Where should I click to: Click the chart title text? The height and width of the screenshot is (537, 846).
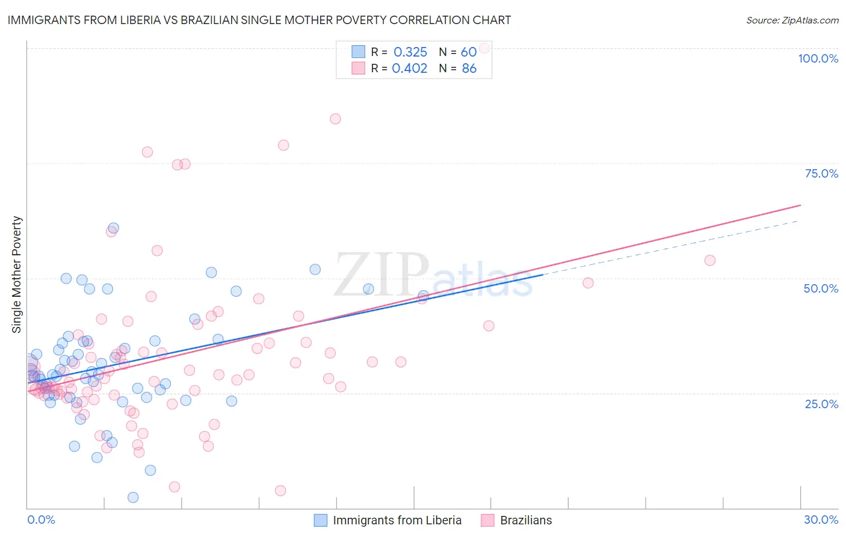(x=259, y=20)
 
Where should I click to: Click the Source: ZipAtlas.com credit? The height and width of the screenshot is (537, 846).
(x=792, y=20)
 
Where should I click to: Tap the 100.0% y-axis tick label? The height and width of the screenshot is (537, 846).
(x=818, y=58)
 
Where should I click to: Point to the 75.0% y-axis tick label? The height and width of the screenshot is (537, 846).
(x=821, y=173)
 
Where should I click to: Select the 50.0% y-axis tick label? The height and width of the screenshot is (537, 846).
(x=821, y=288)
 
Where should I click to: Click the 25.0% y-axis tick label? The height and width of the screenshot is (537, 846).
(x=821, y=404)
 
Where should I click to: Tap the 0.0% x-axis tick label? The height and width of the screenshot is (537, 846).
(x=41, y=520)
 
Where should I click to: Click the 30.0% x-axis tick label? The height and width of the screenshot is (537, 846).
(x=821, y=520)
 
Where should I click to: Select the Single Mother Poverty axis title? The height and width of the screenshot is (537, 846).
(x=17, y=275)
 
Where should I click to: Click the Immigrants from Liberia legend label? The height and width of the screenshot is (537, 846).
(x=397, y=520)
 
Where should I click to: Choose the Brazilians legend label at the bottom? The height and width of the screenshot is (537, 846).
(x=526, y=520)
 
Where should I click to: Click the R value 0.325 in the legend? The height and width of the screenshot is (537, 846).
(x=410, y=52)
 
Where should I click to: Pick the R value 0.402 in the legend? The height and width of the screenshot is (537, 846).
(x=410, y=69)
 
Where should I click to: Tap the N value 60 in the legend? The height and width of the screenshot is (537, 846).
(x=469, y=52)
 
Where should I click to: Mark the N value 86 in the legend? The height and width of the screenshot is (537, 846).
(x=469, y=69)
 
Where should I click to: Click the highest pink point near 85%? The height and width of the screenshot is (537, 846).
(x=335, y=119)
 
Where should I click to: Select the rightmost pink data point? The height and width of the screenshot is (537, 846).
(x=710, y=260)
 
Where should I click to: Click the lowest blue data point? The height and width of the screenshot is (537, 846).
(x=133, y=497)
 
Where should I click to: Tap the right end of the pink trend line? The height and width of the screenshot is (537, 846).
(x=800, y=205)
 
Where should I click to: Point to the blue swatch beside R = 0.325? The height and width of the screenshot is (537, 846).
(x=358, y=52)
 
